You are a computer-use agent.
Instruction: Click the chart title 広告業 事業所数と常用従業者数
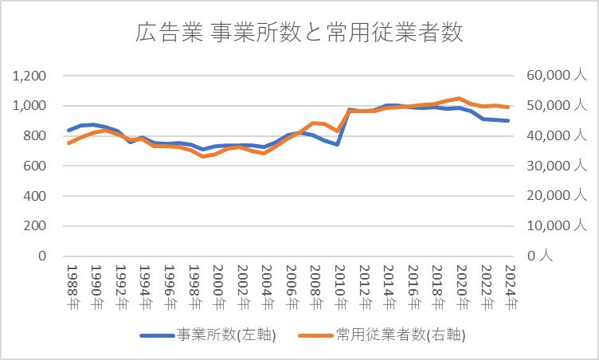(x=299, y=33)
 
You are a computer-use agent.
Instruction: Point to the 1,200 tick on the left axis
(x=30, y=76)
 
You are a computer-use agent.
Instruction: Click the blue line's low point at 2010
(x=338, y=144)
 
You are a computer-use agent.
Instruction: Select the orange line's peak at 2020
(x=460, y=98)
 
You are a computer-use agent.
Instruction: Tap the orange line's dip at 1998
(x=202, y=156)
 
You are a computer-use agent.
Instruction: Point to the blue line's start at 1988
(x=69, y=130)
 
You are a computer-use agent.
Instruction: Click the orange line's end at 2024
(x=508, y=107)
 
